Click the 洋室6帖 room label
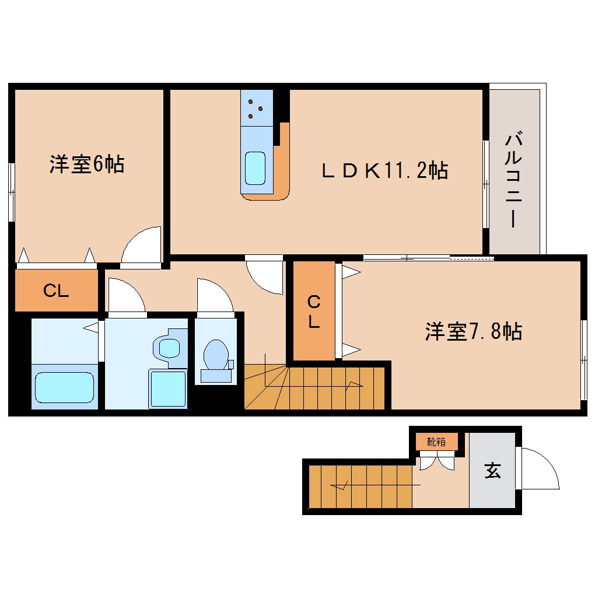(x=86, y=164)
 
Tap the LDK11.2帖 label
(x=385, y=170)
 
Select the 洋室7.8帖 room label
(x=473, y=331)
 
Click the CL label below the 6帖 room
(x=56, y=291)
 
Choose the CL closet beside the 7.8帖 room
(x=314, y=311)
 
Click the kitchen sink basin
(x=256, y=167)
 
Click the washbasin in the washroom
(x=170, y=349)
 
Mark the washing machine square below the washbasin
(x=167, y=387)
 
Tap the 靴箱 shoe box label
(x=436, y=442)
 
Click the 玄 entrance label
(x=493, y=470)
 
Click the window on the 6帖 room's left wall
(x=12, y=192)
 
